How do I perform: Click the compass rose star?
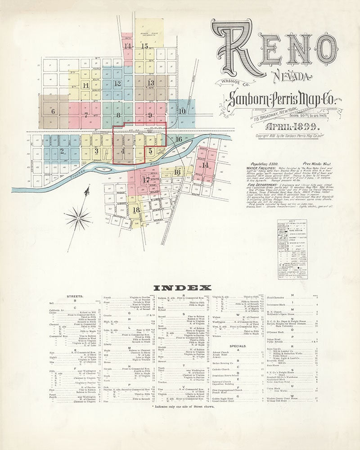click(x=78, y=219)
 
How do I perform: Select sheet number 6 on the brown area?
click(x=53, y=112)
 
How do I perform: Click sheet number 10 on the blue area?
click(x=182, y=111)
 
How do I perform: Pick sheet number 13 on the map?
click(x=150, y=83)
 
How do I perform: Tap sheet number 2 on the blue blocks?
click(x=62, y=151)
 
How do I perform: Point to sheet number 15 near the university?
click(x=144, y=46)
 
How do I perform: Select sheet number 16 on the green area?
click(x=179, y=139)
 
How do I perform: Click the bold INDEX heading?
click(x=182, y=288)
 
